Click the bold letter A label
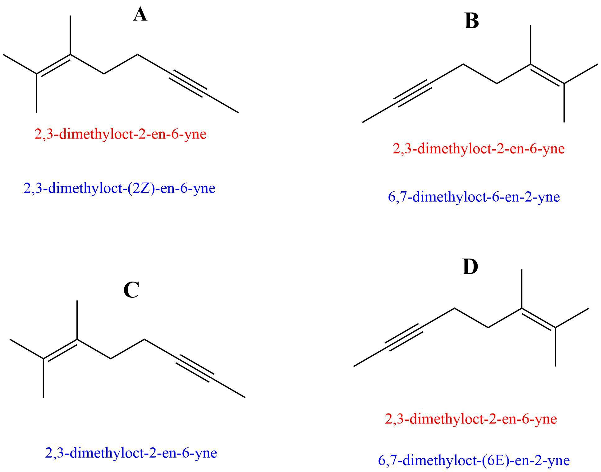coord(140,15)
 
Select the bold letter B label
coord(471,21)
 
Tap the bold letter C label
coord(131,290)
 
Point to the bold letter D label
coord(470,267)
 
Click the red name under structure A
coord(120,134)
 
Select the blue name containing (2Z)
coord(119,188)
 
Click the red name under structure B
coord(479,149)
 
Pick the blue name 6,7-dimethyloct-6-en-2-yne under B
coord(474,197)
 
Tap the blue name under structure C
coord(131,453)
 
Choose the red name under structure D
coord(471,419)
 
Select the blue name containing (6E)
coord(474,460)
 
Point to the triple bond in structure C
coord(195,368)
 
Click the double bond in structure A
coord(53,65)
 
